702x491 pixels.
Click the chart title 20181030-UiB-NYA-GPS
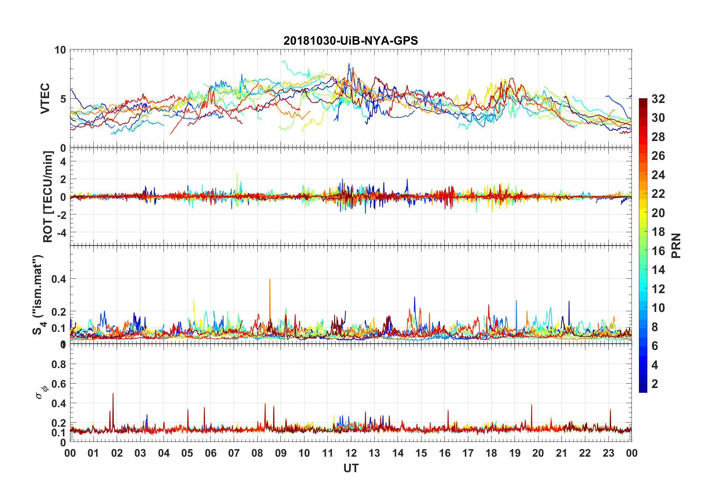351,41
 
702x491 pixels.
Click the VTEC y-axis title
45,99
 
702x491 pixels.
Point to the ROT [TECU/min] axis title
48,196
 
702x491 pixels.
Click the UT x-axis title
351,468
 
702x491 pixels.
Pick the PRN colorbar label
676,245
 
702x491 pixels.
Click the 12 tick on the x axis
351,453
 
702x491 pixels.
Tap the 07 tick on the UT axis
234,453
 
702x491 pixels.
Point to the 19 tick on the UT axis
515,453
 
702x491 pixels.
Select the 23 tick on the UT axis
608,453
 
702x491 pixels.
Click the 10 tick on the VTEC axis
60,50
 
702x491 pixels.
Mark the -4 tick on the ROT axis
62,233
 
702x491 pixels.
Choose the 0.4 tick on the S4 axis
59,279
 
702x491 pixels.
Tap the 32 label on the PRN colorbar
658,99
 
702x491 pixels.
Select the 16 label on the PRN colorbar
658,251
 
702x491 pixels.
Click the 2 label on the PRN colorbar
655,384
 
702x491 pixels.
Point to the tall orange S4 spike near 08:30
270,281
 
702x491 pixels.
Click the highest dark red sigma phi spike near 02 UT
113,394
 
